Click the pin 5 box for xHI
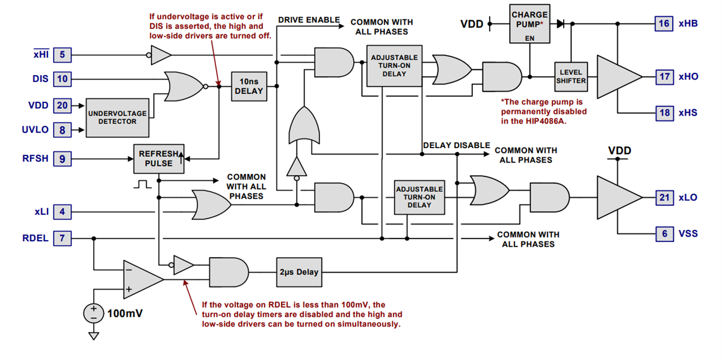pyautogui.click(x=62, y=55)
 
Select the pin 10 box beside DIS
pyautogui.click(x=62, y=79)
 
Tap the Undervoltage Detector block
pyautogui.click(x=117, y=117)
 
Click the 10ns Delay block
pyautogui.click(x=248, y=86)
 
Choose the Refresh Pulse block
pyautogui.click(x=159, y=158)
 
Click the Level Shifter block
pyautogui.click(x=570, y=76)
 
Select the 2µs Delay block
pyautogui.click(x=299, y=272)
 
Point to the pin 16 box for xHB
pyautogui.click(x=664, y=23)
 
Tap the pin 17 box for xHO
pyautogui.click(x=664, y=76)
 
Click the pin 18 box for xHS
pyautogui.click(x=664, y=113)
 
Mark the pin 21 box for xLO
pyautogui.click(x=664, y=197)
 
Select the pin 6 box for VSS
pyautogui.click(x=664, y=234)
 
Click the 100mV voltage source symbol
pyautogui.click(x=93, y=313)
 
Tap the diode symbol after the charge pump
pyautogui.click(x=560, y=24)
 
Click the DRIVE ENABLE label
pyautogui.click(x=309, y=20)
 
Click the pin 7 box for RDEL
pyautogui.click(x=62, y=238)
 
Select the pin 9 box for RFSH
pyautogui.click(x=62, y=159)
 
